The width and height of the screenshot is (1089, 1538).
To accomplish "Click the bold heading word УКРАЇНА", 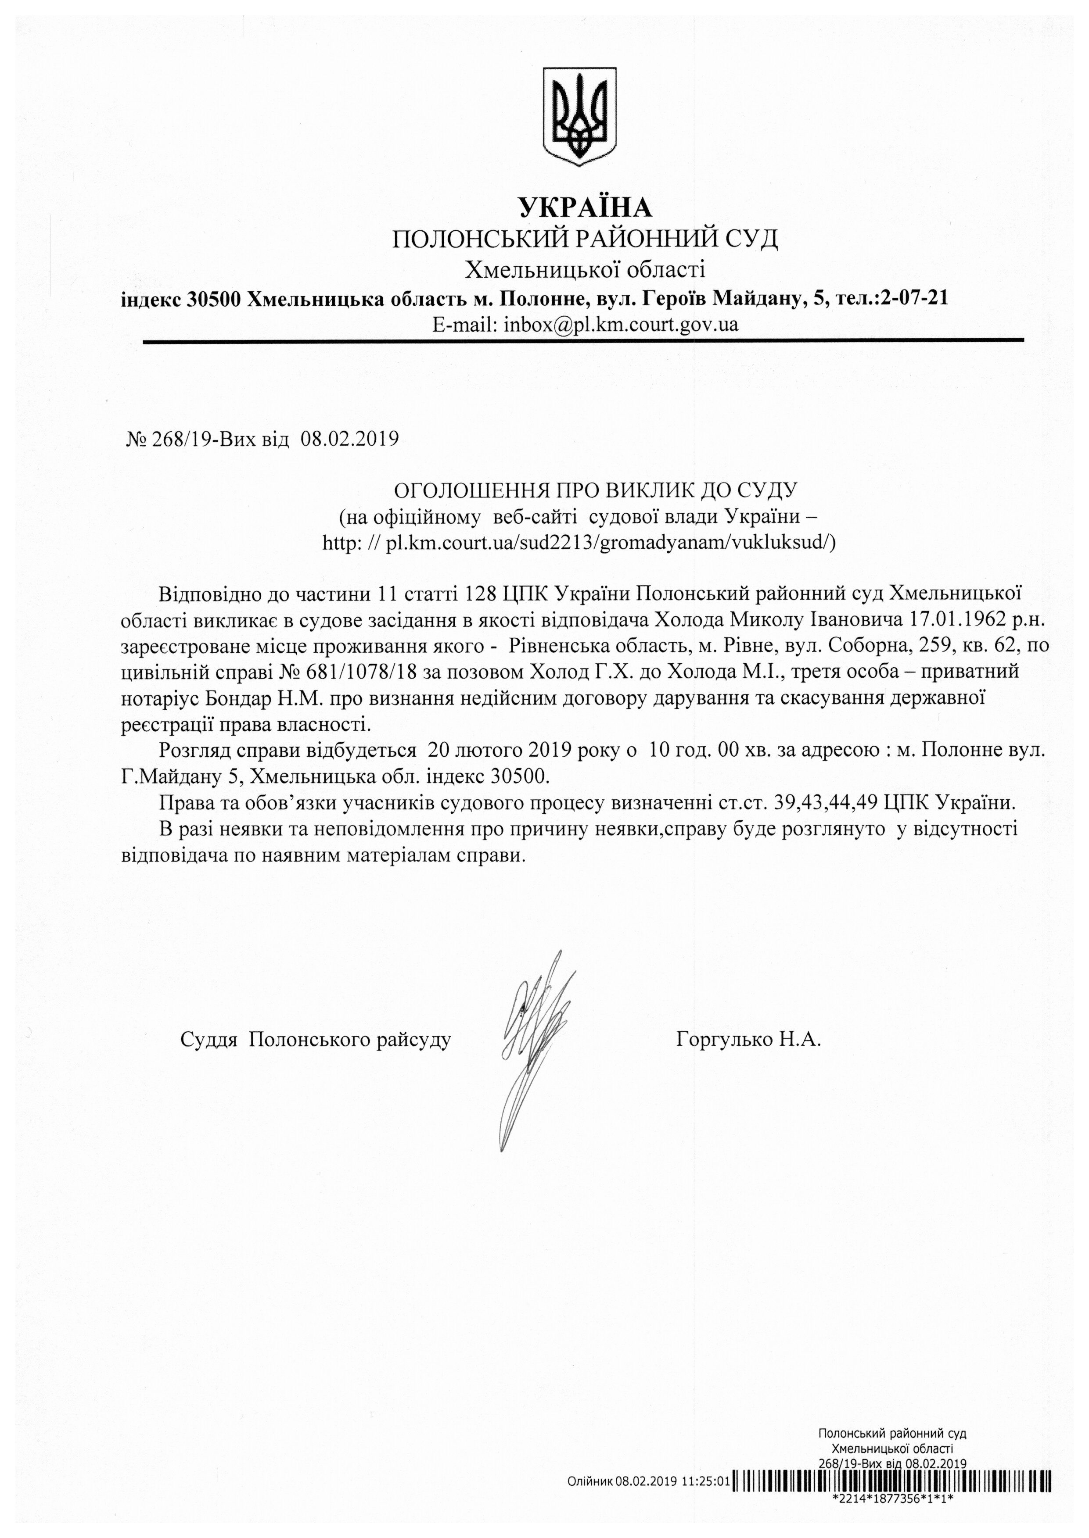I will (585, 208).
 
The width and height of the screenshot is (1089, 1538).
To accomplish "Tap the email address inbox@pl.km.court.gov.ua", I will (621, 325).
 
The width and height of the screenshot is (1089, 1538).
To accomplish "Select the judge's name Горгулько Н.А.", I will (748, 1040).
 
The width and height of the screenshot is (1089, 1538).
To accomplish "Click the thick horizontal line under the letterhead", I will (583, 341).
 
